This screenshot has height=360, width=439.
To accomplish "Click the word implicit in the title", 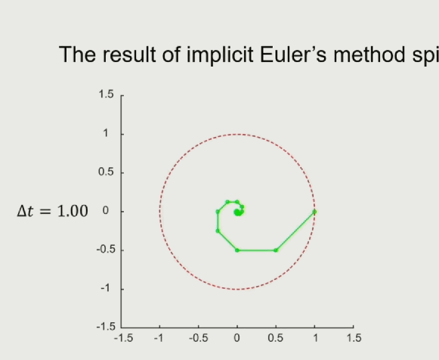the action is [220, 55].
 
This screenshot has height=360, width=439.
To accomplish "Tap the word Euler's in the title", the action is [293, 54].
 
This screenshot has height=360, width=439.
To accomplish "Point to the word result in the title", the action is [129, 54].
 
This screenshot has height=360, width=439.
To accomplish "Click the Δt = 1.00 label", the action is [53, 211].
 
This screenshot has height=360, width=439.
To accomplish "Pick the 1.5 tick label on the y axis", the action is [106, 95].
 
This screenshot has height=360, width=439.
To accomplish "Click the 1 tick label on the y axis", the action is [106, 133].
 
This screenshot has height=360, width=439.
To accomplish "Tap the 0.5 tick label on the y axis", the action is [106, 172].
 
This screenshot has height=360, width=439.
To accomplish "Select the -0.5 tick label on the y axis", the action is [106, 250].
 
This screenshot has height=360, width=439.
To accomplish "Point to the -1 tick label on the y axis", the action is [107, 288].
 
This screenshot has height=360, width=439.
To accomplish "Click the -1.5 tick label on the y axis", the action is [106, 327].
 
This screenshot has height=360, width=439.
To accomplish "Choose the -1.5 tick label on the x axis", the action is [123, 338].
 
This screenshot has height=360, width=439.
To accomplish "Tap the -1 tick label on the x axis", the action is [159, 338].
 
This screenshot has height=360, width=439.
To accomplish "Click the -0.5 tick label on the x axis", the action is [199, 338].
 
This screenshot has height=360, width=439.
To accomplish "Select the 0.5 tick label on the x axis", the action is [276, 338].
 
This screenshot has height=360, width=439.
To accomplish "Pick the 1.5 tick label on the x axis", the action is [354, 338].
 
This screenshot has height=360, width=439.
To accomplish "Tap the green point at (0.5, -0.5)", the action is [276, 250].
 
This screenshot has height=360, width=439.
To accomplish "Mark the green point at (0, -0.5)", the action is [237, 250].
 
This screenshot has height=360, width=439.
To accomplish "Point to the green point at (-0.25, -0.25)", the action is [218, 231].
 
